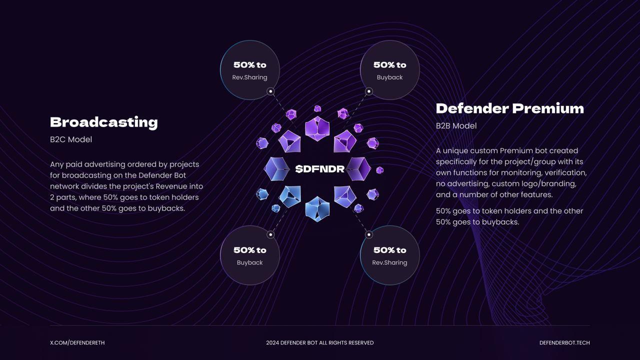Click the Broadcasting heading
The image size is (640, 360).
[x=103, y=122]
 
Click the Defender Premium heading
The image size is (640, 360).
[x=509, y=108]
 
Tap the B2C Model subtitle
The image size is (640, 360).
[x=71, y=139]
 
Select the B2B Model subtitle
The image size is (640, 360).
[x=456, y=126]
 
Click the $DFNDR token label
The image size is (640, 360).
[x=319, y=169]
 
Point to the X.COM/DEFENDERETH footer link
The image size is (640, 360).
[x=77, y=343]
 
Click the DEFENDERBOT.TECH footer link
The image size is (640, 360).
[x=564, y=343]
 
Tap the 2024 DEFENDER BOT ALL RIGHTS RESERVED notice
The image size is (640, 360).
[x=319, y=343]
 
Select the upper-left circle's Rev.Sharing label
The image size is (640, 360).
[x=249, y=77]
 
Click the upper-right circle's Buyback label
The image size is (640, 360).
[x=389, y=77]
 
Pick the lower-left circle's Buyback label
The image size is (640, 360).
[x=249, y=262]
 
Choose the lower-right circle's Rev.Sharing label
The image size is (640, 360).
[x=389, y=262]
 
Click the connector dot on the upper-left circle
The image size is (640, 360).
[x=270, y=91]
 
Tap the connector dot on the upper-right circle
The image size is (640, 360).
[x=369, y=91]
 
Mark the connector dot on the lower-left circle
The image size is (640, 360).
[x=270, y=234]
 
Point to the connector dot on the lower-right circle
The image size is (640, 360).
[x=369, y=234]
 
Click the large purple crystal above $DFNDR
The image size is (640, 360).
[x=317, y=128]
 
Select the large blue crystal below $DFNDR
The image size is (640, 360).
[x=317, y=208]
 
